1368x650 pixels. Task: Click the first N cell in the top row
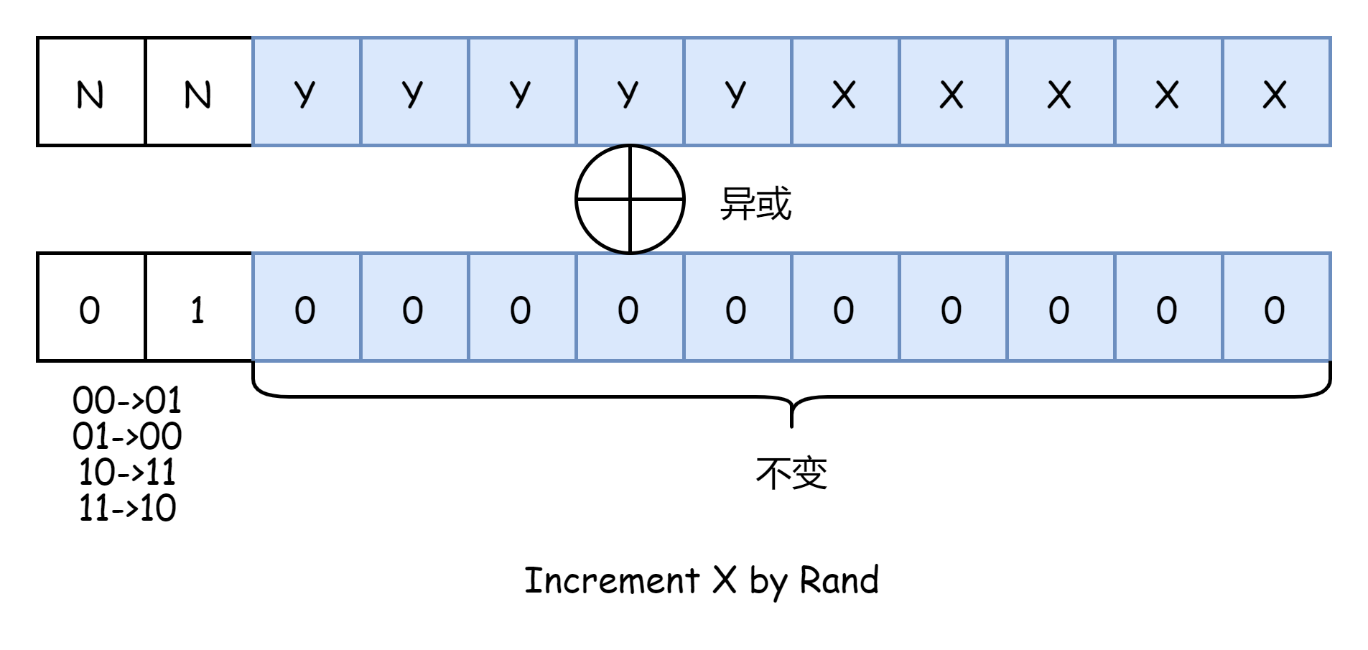pyautogui.click(x=90, y=92)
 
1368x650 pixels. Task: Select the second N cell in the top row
pyautogui.click(x=198, y=92)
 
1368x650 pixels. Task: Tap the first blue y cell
pyautogui.click(x=306, y=92)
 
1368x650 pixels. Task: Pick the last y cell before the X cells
pyautogui.click(x=737, y=92)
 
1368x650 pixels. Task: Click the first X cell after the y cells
pyautogui.click(x=844, y=92)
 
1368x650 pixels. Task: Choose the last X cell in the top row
pyautogui.click(x=1275, y=92)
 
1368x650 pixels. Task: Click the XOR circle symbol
pyautogui.click(x=630, y=200)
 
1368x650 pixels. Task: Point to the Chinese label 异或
pyautogui.click(x=755, y=203)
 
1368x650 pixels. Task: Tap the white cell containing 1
pyautogui.click(x=198, y=307)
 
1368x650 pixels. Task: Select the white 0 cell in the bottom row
pyautogui.click(x=90, y=307)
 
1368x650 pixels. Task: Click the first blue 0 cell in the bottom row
pyautogui.click(x=306, y=307)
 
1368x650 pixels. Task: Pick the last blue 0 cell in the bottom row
pyautogui.click(x=1275, y=307)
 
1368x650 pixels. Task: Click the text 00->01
pyautogui.click(x=127, y=400)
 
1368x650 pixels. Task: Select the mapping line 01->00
pyautogui.click(x=127, y=436)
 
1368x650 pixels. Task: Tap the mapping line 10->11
pyautogui.click(x=127, y=472)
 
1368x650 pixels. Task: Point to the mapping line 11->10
pyautogui.click(x=127, y=508)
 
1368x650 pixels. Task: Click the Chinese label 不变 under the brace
pyautogui.click(x=791, y=473)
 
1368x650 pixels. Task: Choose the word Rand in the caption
pyautogui.click(x=839, y=580)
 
